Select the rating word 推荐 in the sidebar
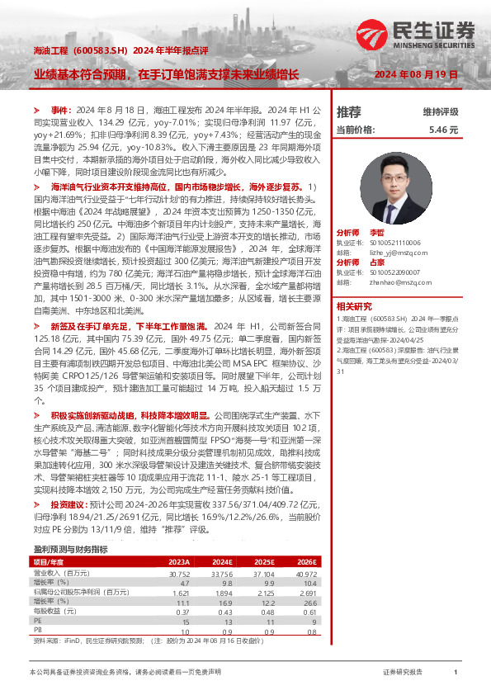[349, 111]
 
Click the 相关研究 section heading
[353, 305]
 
